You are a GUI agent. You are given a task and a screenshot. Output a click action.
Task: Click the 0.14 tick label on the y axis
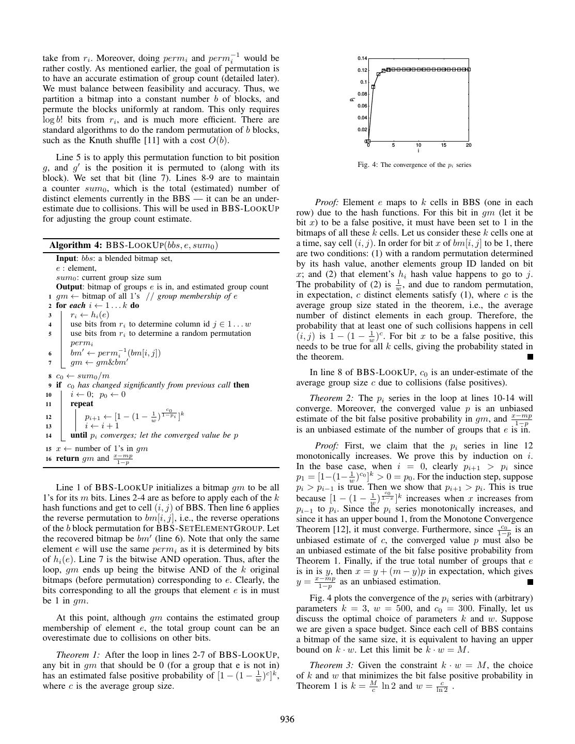click(362, 58)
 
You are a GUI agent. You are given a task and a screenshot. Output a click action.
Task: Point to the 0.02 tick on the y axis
click(362, 130)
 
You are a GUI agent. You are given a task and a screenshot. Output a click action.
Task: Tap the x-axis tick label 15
click(444, 145)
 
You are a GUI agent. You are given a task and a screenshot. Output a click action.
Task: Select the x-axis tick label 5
click(393, 145)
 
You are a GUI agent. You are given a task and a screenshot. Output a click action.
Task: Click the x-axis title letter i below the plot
click(418, 151)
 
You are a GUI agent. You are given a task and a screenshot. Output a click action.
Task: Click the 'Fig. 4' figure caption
click(414, 165)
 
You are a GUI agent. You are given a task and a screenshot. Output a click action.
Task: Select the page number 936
click(287, 719)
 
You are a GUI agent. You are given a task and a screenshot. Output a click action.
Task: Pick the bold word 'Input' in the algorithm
click(66, 258)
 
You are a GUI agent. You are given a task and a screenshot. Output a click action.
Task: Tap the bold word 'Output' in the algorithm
click(68, 287)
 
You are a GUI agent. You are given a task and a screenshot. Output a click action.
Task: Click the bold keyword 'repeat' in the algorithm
click(82, 404)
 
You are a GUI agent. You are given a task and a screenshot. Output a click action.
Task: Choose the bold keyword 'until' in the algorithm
click(78, 435)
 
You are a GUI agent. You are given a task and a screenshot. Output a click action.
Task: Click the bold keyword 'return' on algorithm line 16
click(68, 458)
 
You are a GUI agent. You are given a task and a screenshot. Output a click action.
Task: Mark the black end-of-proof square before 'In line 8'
click(530, 357)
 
